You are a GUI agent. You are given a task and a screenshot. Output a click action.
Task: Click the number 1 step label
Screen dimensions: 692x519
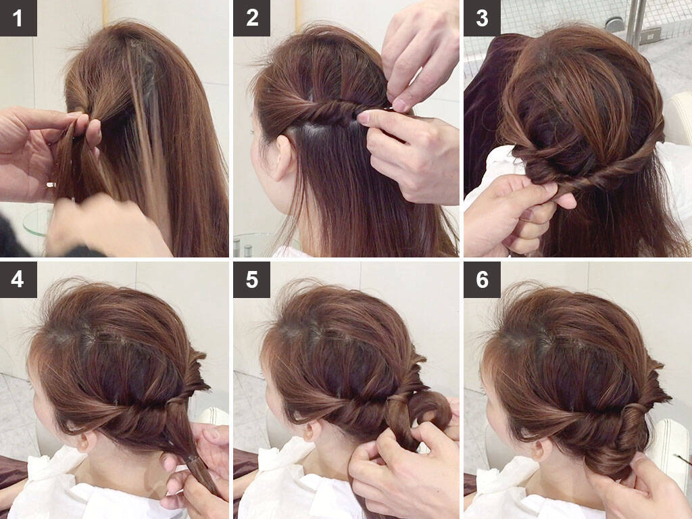[x=18, y=18]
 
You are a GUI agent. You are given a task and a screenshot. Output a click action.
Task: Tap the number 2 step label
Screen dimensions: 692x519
[x=251, y=18]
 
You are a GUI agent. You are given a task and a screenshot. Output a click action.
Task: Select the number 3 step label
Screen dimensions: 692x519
[x=482, y=18]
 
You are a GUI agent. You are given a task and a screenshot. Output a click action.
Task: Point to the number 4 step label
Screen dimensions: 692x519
[x=18, y=279]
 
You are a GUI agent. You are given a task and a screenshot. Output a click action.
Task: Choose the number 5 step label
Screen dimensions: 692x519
[x=251, y=279]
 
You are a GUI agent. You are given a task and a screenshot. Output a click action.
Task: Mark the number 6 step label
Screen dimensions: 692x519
[x=482, y=279]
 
